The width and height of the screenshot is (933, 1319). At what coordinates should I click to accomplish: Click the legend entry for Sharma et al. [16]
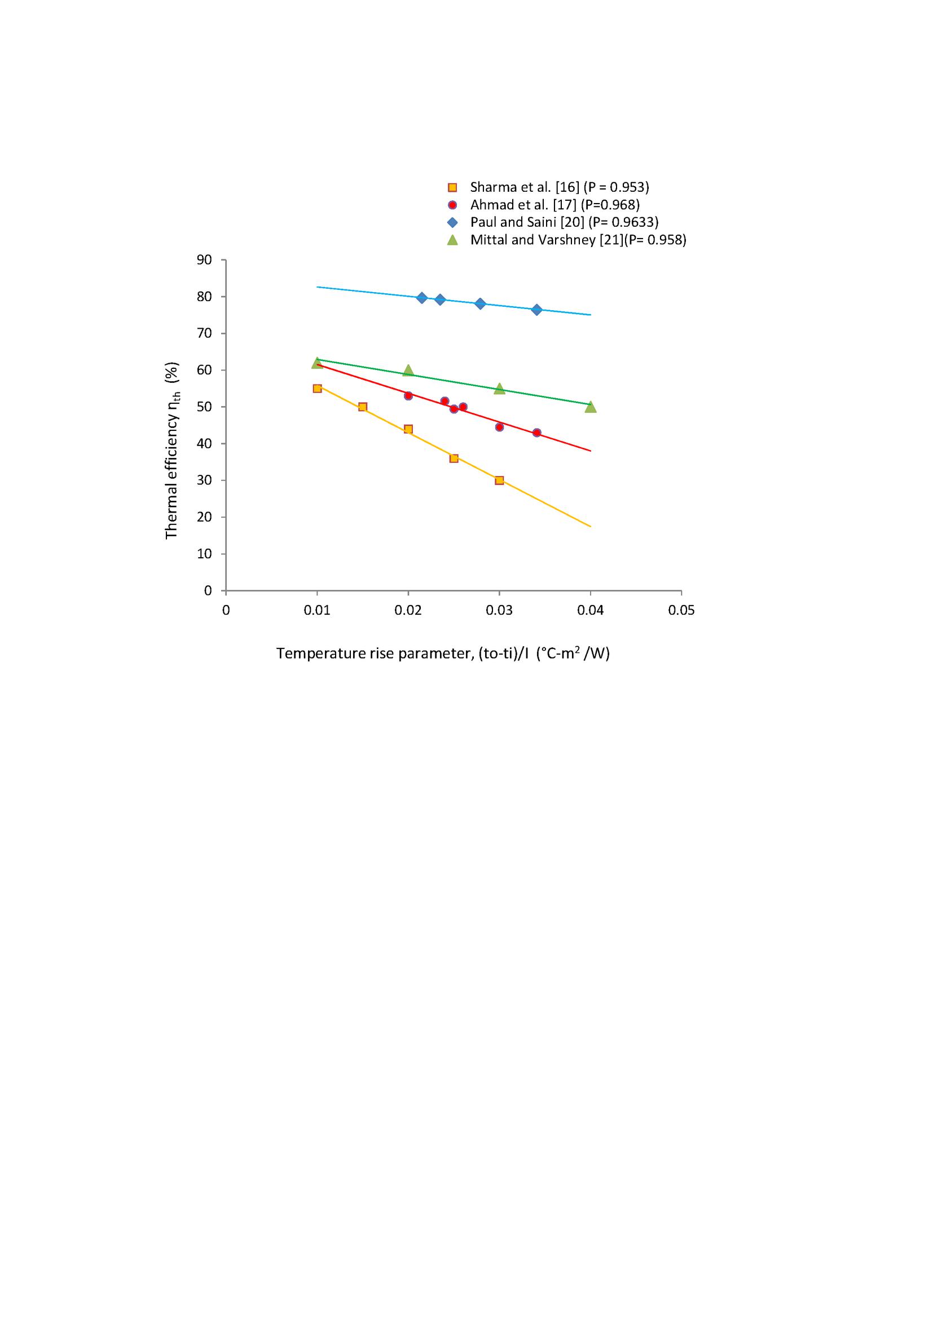tap(559, 187)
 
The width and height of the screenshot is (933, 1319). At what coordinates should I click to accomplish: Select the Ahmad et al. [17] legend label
tap(554, 205)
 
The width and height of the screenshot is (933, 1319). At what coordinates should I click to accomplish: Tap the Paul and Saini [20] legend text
tap(564, 222)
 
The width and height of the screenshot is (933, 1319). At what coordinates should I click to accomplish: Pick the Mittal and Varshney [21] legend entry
tap(578, 240)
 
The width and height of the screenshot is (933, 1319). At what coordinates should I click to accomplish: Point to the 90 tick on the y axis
tap(205, 259)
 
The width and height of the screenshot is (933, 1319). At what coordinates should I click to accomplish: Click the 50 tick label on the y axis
tap(205, 407)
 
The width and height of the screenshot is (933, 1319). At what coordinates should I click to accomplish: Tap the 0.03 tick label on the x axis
tap(499, 610)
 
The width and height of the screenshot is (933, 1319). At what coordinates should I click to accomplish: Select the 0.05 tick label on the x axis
tap(681, 610)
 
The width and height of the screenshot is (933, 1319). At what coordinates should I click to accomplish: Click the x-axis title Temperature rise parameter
tap(442, 654)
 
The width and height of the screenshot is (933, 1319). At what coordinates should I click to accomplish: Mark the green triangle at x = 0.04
tap(591, 407)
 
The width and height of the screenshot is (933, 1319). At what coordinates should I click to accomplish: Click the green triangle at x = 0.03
tap(499, 389)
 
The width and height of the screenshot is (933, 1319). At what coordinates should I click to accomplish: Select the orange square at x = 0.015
tap(363, 407)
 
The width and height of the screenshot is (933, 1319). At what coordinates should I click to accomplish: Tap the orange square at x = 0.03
tap(499, 480)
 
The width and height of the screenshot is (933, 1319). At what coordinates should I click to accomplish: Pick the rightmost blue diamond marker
tap(536, 310)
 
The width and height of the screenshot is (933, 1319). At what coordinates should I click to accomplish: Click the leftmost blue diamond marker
tap(422, 298)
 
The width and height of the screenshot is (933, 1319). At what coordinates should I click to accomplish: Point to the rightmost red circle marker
tap(536, 433)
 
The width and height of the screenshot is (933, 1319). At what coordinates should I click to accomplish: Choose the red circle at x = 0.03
tap(499, 427)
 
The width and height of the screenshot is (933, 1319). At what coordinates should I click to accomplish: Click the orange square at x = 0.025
tap(454, 458)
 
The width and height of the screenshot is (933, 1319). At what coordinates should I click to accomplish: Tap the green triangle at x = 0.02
tap(408, 370)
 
